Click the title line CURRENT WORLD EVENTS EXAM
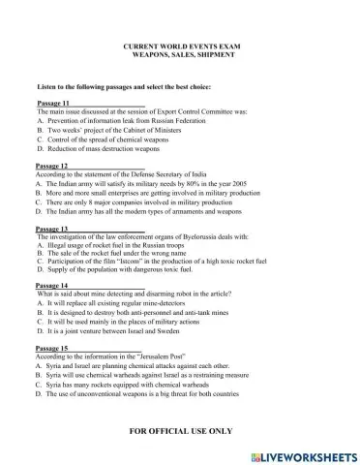(x=179, y=46)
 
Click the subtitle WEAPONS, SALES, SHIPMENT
(x=179, y=55)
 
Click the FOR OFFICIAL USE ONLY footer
(x=180, y=426)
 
